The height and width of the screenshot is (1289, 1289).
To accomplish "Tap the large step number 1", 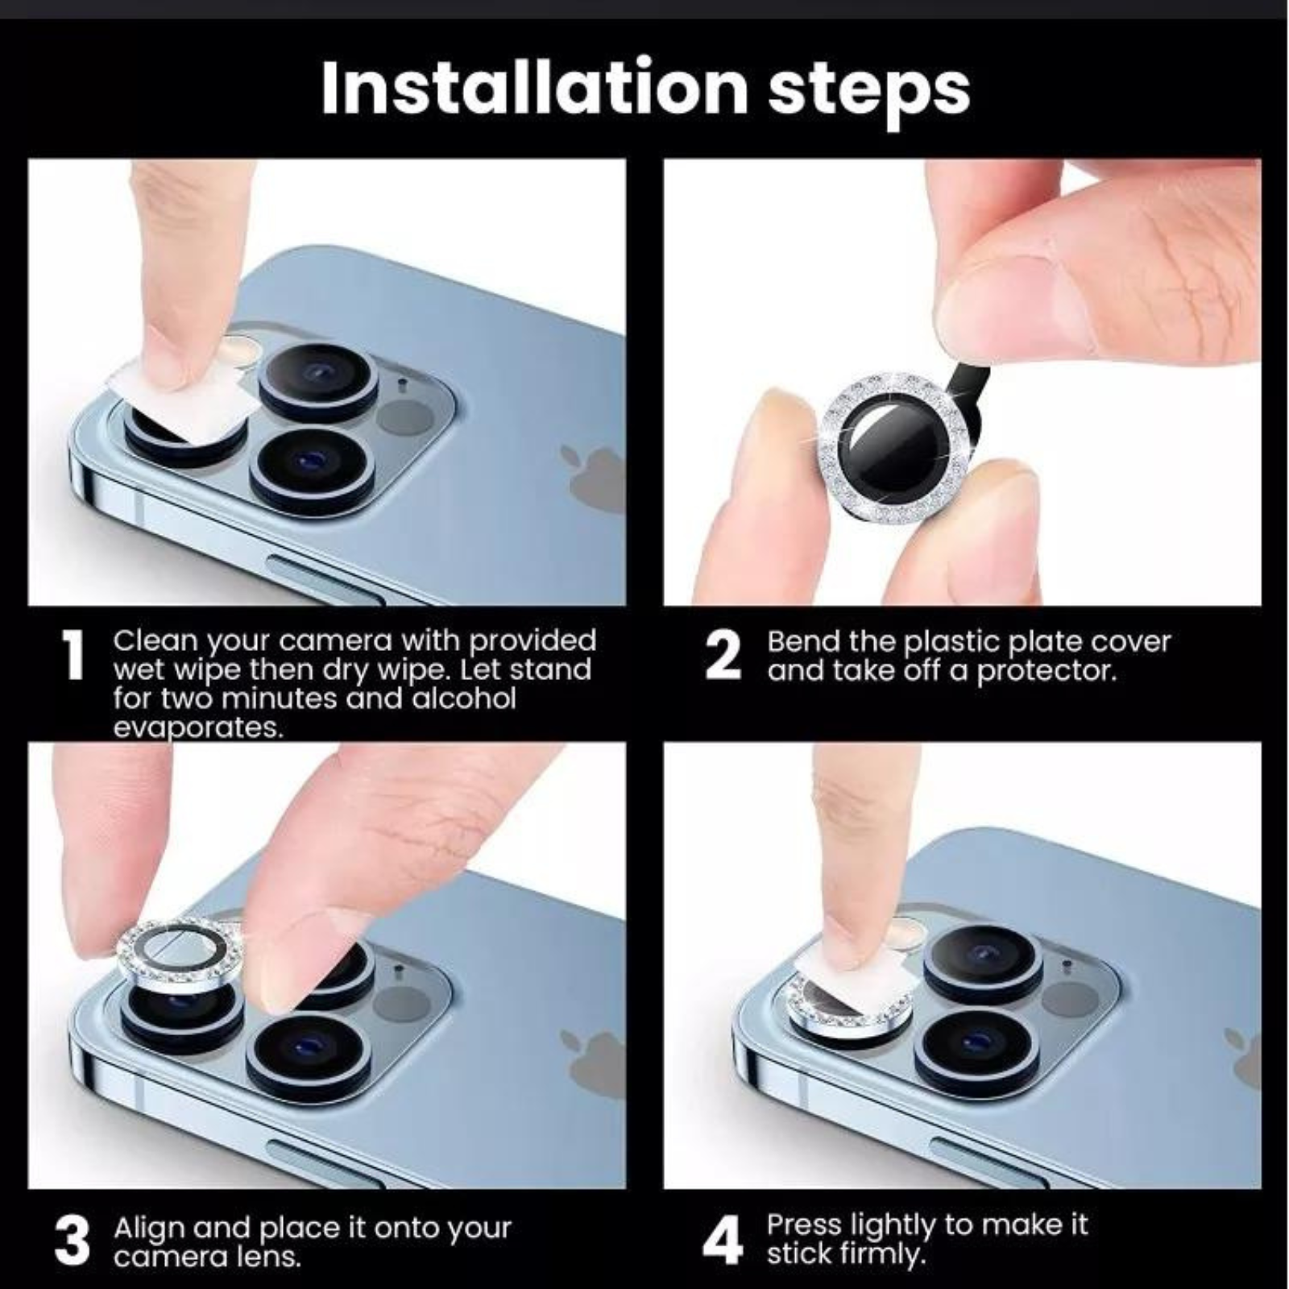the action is [73, 655].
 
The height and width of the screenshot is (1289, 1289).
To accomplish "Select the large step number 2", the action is [722, 655].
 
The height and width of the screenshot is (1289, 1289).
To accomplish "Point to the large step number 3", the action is [73, 1241].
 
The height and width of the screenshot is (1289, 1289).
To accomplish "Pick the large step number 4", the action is [723, 1241].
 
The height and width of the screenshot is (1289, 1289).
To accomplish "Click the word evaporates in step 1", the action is [198, 727].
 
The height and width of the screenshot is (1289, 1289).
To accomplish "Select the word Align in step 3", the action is [150, 1229].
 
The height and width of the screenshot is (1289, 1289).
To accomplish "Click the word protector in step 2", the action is [1047, 670].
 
